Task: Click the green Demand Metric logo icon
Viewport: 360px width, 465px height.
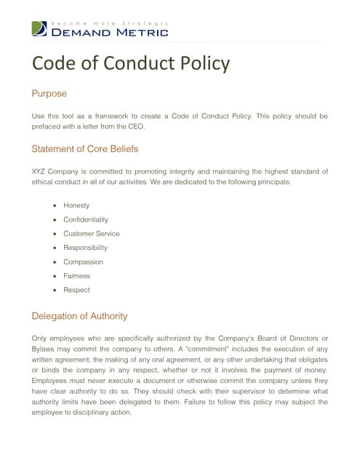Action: (x=39, y=29)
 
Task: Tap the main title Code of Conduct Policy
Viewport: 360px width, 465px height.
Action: (x=130, y=63)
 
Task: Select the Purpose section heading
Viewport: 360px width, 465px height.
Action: (x=49, y=94)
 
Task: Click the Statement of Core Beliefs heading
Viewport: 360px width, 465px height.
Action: (x=85, y=149)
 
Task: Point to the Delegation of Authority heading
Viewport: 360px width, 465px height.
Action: (x=80, y=315)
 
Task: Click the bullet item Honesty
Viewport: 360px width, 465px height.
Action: (x=76, y=206)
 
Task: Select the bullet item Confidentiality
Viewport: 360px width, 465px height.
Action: (x=86, y=219)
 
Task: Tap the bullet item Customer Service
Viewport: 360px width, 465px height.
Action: (x=92, y=233)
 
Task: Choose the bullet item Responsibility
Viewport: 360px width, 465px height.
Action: (x=85, y=248)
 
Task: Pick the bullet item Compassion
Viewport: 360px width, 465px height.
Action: (x=83, y=262)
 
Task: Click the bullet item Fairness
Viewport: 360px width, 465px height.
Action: (x=78, y=276)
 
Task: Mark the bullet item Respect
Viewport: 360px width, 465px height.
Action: (x=77, y=290)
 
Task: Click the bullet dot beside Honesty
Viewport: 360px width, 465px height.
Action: (x=55, y=206)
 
